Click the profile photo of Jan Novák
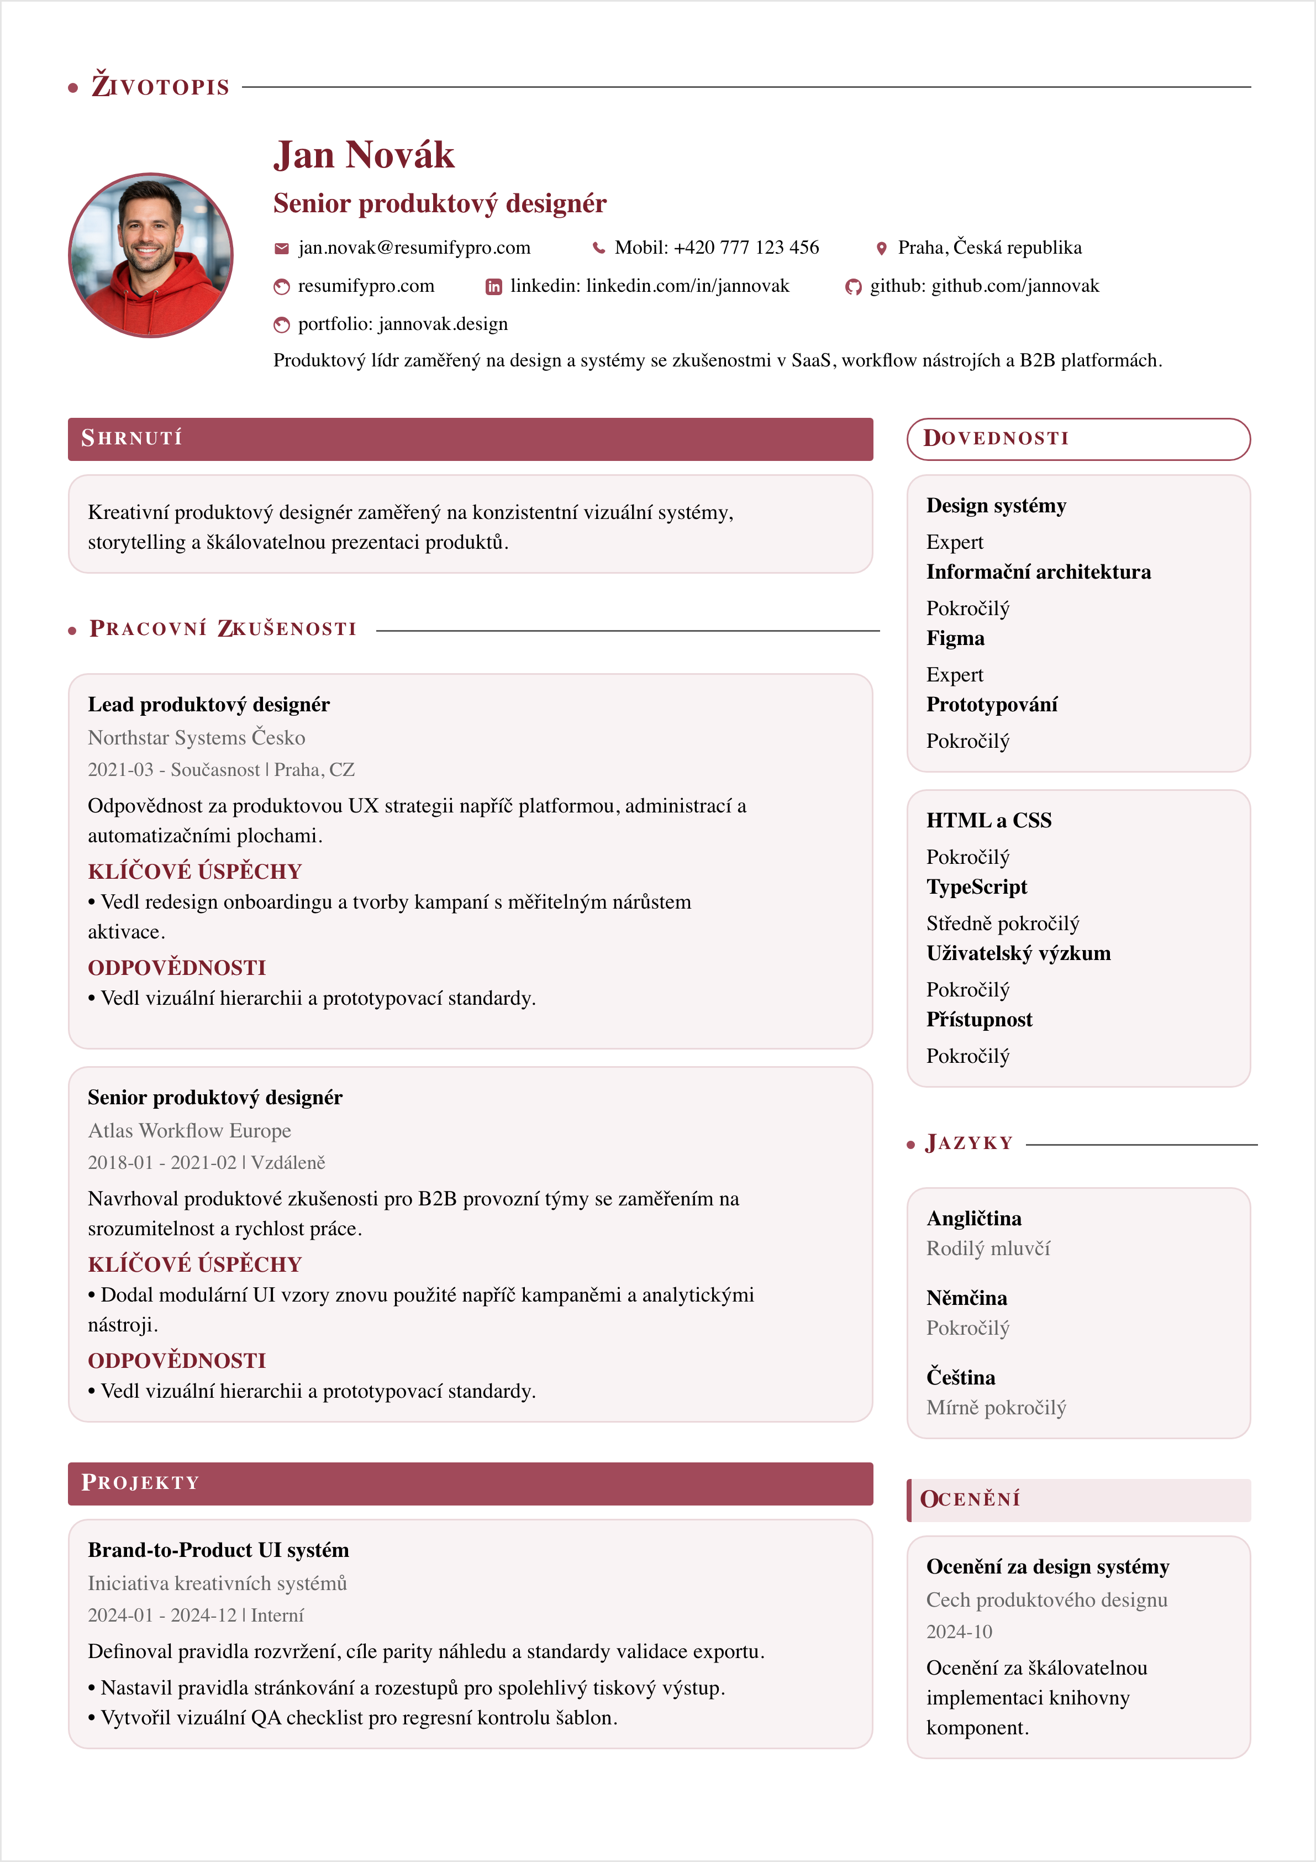tap(151, 255)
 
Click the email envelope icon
tap(281, 248)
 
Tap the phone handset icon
tap(598, 248)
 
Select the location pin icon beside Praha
tap(881, 248)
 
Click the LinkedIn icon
tap(493, 286)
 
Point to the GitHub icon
tap(853, 286)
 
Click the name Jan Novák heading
tap(364, 155)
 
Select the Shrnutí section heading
tap(131, 439)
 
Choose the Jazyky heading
tap(969, 1144)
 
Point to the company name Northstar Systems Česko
tap(196, 737)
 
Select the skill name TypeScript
tap(976, 887)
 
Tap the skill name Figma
tap(955, 638)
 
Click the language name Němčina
tap(966, 1298)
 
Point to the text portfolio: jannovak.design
tap(402, 324)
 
